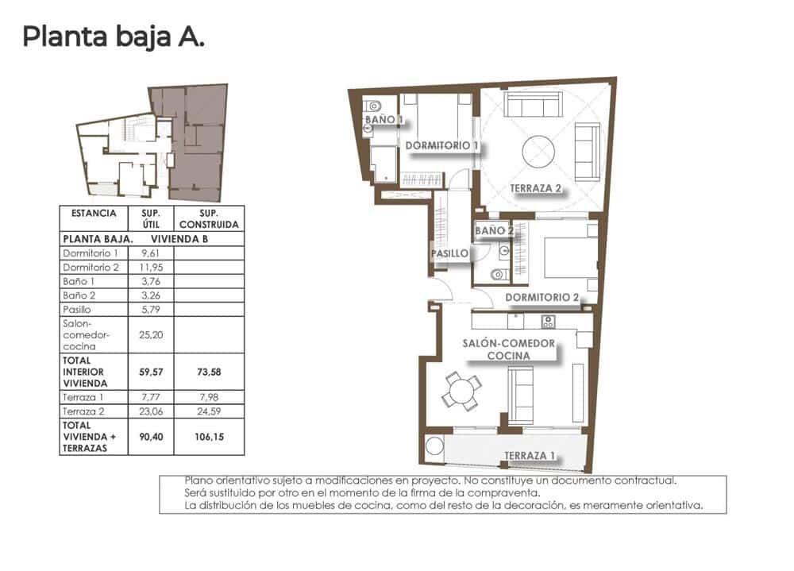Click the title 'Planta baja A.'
pyautogui.click(x=114, y=37)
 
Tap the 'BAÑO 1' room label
pyautogui.click(x=384, y=120)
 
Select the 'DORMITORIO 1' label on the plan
pyautogui.click(x=442, y=146)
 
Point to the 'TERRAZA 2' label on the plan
pyautogui.click(x=535, y=189)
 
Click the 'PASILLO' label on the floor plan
pyautogui.click(x=449, y=254)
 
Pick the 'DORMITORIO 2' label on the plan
pyautogui.click(x=541, y=299)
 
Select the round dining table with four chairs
pyautogui.click(x=461, y=390)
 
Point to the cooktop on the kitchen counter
pyautogui.click(x=548, y=321)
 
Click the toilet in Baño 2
pyautogui.click(x=499, y=275)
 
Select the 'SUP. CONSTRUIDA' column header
pyautogui.click(x=209, y=218)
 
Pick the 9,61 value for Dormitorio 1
pyautogui.click(x=150, y=253)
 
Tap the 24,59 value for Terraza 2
pyautogui.click(x=209, y=411)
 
